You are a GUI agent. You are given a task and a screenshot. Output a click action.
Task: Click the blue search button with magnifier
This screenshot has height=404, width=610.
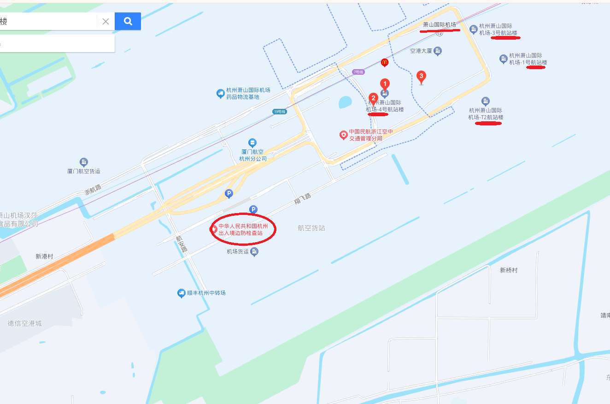pos(128,21)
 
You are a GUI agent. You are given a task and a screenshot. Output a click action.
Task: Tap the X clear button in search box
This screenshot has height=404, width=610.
pos(106,21)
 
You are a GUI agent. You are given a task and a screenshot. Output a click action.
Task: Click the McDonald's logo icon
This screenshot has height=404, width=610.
pos(385,62)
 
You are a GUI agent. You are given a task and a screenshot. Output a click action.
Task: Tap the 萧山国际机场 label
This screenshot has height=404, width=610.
pos(440,24)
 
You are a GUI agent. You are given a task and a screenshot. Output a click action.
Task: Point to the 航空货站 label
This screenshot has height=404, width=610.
pos(311,228)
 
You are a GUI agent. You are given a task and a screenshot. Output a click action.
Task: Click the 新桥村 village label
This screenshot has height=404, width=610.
pos(509,270)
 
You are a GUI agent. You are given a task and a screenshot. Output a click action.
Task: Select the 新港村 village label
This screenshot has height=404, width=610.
pos(45,256)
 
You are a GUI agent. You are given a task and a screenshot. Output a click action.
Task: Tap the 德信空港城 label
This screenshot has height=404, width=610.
pos(25,323)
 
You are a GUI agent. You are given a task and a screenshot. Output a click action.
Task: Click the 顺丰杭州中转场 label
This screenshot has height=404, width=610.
pos(206,293)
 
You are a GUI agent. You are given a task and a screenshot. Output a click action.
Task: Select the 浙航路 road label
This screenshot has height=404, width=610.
pos(93,189)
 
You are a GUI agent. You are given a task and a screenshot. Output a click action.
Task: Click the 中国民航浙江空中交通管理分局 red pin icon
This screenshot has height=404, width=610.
pos(343,135)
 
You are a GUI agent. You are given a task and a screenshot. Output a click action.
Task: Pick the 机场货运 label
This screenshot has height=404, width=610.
pos(238,252)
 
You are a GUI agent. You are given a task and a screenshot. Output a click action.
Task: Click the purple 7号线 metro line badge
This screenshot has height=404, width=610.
pos(358,72)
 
